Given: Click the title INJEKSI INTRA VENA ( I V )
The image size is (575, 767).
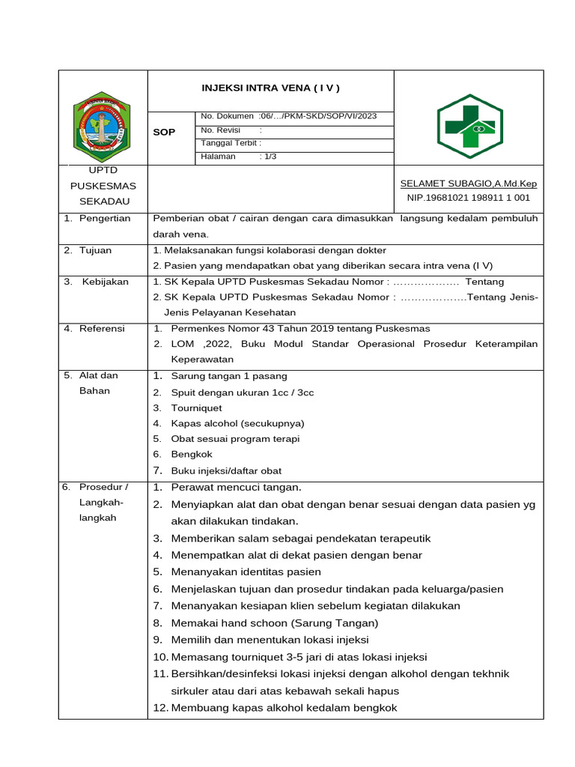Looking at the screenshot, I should pos(270,88).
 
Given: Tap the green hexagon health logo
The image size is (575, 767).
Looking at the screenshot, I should pos(470,126).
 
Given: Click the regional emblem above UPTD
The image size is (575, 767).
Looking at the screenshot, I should pos(101,125).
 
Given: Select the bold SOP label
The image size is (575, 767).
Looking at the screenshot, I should pos(164,132).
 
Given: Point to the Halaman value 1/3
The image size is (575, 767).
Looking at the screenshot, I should pos(268,157).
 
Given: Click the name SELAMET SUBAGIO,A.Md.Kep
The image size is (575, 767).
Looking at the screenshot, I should pos(468,184).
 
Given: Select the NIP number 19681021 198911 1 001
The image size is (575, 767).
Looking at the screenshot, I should pos(468,198).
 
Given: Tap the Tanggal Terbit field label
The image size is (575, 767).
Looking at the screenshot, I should pos(231,143).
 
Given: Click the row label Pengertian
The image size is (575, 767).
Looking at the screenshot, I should pos(105,219).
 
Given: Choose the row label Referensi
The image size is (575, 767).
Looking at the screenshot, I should pos(103,329).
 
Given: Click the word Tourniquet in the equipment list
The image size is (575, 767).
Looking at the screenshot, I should pos(196,408).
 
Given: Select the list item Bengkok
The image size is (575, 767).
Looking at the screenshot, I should pos(192,454).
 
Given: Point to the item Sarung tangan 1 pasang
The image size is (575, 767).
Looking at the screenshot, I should pos(229,376).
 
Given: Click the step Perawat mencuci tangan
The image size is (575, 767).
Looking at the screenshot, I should pos(236,488).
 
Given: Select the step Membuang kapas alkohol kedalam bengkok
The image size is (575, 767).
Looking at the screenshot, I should pos(284,707).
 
